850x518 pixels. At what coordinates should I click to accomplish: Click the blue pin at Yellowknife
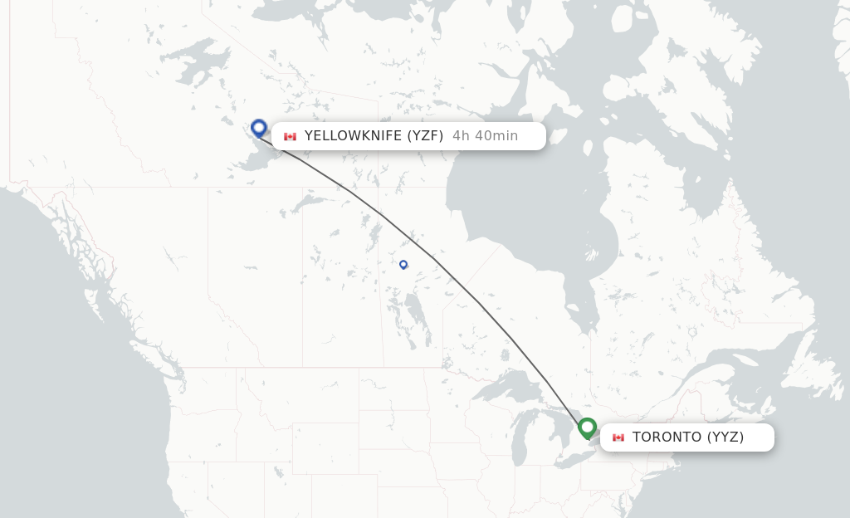click(x=259, y=128)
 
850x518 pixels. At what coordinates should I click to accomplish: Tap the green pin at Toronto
click(x=588, y=428)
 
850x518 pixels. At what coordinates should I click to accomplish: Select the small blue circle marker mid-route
click(x=403, y=265)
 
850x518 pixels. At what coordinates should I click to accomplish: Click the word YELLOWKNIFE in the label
click(x=354, y=136)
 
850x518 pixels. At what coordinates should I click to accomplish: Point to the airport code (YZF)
click(x=425, y=136)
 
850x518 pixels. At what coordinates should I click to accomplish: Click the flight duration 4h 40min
click(x=485, y=136)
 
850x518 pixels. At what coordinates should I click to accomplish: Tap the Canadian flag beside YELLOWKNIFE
click(x=290, y=136)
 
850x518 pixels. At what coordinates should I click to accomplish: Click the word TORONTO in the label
click(x=667, y=437)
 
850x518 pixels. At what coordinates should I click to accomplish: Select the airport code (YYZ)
click(x=725, y=437)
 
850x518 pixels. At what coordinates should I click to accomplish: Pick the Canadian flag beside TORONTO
click(x=618, y=437)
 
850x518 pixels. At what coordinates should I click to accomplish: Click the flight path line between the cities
click(x=432, y=257)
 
